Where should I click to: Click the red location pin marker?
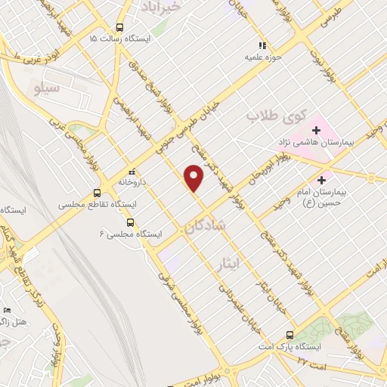[x=194, y=177]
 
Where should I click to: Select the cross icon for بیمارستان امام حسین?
[x=323, y=181]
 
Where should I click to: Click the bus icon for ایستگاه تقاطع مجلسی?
[x=96, y=193]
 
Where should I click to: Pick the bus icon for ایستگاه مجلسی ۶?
[x=130, y=222]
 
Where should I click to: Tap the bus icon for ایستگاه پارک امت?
[x=290, y=335]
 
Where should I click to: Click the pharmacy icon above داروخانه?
[x=132, y=171]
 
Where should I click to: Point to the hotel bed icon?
[x=8, y=311]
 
